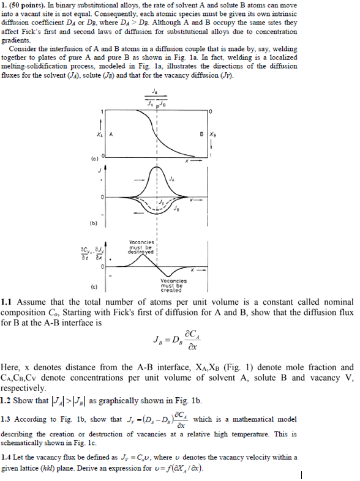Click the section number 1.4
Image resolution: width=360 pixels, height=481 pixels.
(x=7, y=457)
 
